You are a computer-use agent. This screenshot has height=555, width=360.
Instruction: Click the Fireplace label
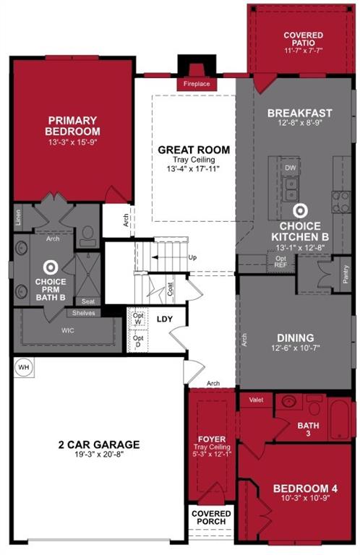(197, 85)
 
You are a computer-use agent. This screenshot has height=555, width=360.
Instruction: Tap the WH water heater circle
(23, 367)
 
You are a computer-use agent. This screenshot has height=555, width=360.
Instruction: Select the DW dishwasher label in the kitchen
(291, 168)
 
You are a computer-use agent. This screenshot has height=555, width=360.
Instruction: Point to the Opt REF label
(281, 262)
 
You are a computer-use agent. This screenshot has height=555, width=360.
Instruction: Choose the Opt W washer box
(138, 319)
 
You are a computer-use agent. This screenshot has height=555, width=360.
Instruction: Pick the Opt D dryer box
(138, 340)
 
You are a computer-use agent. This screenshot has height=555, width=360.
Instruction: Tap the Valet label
(255, 398)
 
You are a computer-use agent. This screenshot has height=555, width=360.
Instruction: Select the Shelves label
(83, 313)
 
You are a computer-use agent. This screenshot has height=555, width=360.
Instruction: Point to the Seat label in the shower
(88, 301)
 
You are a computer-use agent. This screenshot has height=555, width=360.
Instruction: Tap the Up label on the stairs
(192, 257)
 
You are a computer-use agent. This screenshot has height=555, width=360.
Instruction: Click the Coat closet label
(171, 288)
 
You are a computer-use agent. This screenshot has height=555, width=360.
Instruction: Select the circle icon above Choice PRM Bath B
(51, 267)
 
